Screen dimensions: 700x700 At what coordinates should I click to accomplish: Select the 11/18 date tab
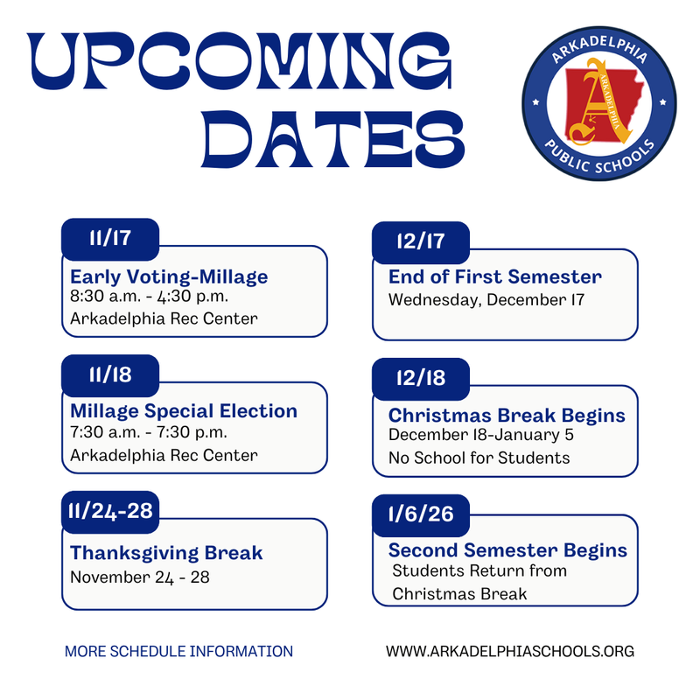(109, 375)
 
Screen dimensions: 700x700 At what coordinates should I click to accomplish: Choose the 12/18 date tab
(421, 379)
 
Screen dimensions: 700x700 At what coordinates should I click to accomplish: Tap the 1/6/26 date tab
(421, 514)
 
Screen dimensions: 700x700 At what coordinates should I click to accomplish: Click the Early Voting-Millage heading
(169, 277)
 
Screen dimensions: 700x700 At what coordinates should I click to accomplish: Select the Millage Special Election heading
(184, 411)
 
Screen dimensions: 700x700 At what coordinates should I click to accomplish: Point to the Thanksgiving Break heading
(166, 553)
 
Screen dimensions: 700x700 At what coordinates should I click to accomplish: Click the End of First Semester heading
(495, 277)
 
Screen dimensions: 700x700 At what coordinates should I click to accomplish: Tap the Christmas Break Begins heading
(507, 415)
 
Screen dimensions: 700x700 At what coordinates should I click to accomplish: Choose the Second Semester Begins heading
(507, 550)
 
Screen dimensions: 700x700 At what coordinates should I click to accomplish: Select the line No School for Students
(479, 458)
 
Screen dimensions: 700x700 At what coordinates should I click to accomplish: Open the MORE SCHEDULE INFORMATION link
(178, 652)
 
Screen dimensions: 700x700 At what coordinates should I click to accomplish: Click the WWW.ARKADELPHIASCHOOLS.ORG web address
(509, 652)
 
